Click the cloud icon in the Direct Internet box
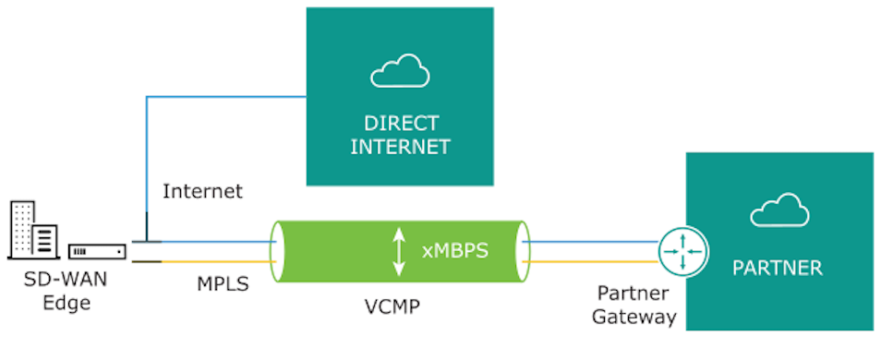coord(399,71)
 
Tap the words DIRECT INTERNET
coord(400,135)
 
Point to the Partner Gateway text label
coord(635,306)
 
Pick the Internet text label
coord(202,192)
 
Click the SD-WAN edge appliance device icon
coord(97,251)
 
